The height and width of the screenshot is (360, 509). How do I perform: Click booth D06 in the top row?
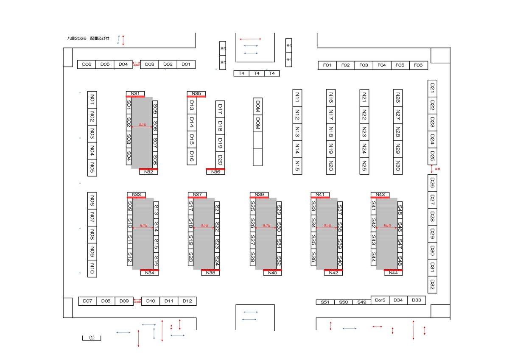click(x=87, y=64)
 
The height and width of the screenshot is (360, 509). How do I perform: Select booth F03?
click(x=364, y=65)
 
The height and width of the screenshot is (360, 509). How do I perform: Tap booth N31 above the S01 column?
click(x=135, y=93)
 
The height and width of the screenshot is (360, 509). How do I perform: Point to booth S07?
click(x=155, y=142)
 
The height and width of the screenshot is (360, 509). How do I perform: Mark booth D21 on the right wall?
click(x=433, y=88)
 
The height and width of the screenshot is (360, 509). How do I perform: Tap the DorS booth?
click(x=380, y=300)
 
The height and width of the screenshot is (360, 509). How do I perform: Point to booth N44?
click(x=393, y=273)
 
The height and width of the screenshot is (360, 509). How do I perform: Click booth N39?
click(x=259, y=195)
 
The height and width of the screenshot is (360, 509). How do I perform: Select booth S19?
click(x=191, y=243)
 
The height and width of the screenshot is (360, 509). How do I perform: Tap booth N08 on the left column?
click(x=92, y=234)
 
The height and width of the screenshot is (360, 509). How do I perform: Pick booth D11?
click(x=169, y=301)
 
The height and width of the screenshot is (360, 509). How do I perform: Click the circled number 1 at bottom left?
click(x=92, y=338)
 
